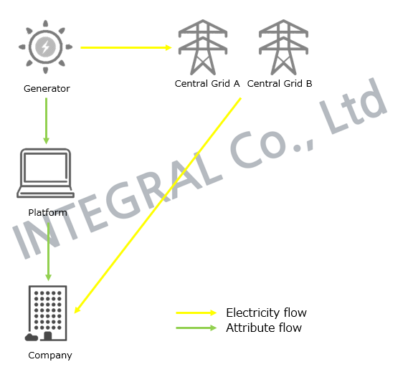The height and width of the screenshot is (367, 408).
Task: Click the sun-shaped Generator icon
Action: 46,47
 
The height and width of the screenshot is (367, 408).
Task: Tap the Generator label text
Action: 47,89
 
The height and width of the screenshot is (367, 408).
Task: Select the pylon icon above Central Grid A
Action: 203,47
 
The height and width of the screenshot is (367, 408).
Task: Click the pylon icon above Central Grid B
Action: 283,47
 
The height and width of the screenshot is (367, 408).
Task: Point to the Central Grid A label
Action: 207,83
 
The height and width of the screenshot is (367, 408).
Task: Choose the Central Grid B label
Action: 280,83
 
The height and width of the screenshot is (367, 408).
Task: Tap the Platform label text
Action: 47,212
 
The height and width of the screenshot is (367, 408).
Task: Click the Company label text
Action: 50,356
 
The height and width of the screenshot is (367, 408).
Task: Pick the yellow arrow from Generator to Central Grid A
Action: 126,47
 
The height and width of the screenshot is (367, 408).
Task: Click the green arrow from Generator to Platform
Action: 47,121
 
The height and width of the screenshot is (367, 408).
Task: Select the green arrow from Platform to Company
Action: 48,248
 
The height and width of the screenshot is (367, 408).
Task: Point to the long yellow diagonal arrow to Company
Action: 158,206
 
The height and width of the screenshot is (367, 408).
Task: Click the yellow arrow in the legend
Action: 196,313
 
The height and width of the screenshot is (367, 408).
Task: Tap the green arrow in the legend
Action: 196,328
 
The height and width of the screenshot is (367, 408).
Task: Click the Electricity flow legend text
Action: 266,313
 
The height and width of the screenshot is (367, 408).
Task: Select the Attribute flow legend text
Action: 264,328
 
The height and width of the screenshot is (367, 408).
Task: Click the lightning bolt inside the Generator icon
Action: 46,47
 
